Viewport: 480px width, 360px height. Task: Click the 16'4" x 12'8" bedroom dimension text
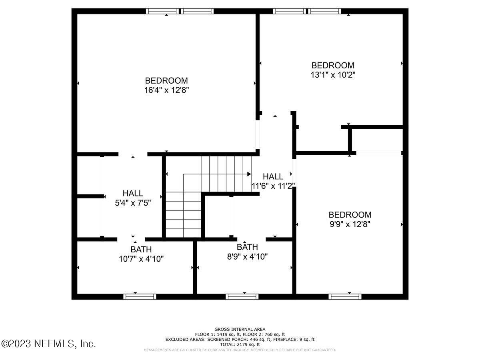click(166, 90)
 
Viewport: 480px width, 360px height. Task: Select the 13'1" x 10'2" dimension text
click(333, 74)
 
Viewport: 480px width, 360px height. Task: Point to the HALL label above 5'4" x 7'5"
click(133, 193)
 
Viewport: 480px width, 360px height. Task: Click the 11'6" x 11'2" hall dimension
click(273, 186)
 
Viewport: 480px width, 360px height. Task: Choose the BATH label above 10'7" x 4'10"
click(135, 249)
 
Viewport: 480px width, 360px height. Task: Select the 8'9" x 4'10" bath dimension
click(247, 256)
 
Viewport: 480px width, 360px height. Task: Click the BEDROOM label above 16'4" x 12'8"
click(166, 80)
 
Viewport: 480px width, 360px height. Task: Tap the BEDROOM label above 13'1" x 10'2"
click(333, 65)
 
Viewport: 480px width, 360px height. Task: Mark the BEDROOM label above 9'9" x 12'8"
click(350, 214)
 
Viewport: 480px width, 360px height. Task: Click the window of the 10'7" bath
click(139, 296)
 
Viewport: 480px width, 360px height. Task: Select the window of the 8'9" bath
click(242, 296)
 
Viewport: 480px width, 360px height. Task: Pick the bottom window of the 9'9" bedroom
click(345, 296)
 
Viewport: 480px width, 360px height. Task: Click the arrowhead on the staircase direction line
click(249, 174)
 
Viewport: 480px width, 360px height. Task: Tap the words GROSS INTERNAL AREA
click(240, 329)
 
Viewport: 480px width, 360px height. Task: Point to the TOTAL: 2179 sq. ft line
click(240, 344)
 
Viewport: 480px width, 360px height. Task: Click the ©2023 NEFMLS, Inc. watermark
click(48, 343)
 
